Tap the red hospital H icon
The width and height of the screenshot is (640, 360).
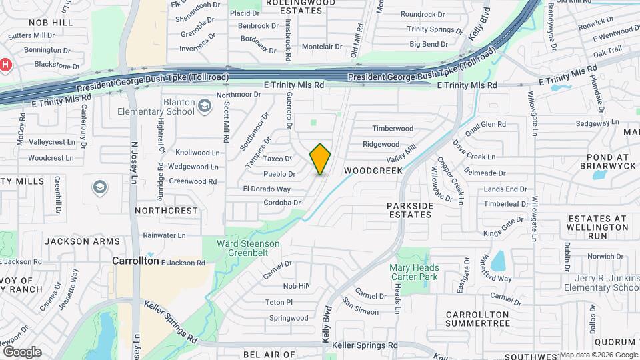click(5, 65)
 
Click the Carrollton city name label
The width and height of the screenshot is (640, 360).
click(135, 261)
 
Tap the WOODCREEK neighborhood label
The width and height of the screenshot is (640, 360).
click(373, 171)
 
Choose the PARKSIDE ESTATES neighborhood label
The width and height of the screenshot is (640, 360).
click(410, 211)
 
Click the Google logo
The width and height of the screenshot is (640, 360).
click(22, 351)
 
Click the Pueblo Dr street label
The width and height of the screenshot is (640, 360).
click(279, 173)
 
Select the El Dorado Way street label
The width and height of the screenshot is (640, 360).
click(267, 189)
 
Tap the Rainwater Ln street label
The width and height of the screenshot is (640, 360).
click(164, 235)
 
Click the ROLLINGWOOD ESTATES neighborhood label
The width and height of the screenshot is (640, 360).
click(291, 7)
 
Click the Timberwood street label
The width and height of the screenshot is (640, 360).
click(393, 128)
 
